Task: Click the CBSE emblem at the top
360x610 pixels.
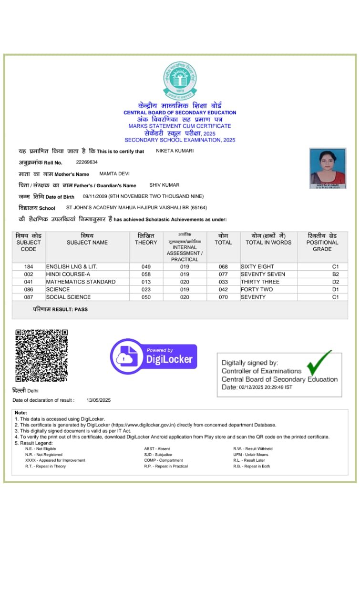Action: click(180, 80)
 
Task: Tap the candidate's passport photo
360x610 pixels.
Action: click(328, 168)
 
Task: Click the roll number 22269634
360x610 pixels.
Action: click(87, 162)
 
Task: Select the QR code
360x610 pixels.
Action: click(41, 355)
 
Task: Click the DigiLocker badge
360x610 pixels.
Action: click(154, 356)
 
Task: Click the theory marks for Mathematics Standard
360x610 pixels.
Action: click(146, 282)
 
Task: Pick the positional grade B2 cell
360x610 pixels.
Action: click(335, 274)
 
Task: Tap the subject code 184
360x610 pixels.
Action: click(29, 266)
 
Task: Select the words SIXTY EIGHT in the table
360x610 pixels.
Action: click(257, 266)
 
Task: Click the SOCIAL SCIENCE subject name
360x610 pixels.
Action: click(68, 297)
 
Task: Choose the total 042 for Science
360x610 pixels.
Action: click(223, 289)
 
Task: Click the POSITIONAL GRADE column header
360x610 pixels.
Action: click(322, 243)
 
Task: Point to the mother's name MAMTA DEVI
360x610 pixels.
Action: click(114, 173)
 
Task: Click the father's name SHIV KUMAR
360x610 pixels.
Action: click(165, 185)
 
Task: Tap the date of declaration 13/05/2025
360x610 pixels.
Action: click(99, 400)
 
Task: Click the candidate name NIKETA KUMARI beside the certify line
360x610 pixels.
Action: click(175, 151)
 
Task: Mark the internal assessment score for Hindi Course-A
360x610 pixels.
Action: click(185, 274)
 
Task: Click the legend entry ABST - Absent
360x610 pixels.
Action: click(157, 448)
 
